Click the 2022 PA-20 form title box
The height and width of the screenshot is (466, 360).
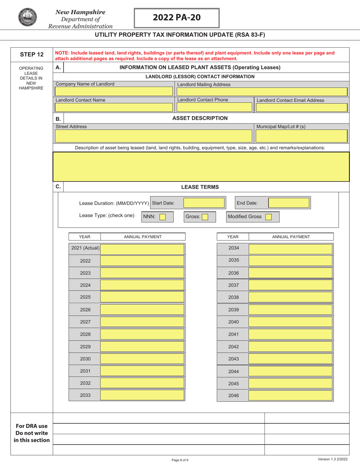click(x=177, y=18)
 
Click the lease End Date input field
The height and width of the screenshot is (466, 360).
click(x=289, y=203)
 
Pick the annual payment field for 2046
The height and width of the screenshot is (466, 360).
click(x=290, y=396)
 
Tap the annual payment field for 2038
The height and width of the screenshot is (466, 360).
click(x=290, y=298)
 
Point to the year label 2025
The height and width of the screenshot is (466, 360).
click(x=85, y=297)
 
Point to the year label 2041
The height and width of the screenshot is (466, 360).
click(x=233, y=335)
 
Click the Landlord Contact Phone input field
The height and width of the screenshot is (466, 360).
click(x=214, y=107)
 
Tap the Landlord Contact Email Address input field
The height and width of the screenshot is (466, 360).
click(x=302, y=107)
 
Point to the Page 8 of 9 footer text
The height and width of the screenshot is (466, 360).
click(x=180, y=460)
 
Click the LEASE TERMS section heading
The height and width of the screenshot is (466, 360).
click(x=200, y=187)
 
